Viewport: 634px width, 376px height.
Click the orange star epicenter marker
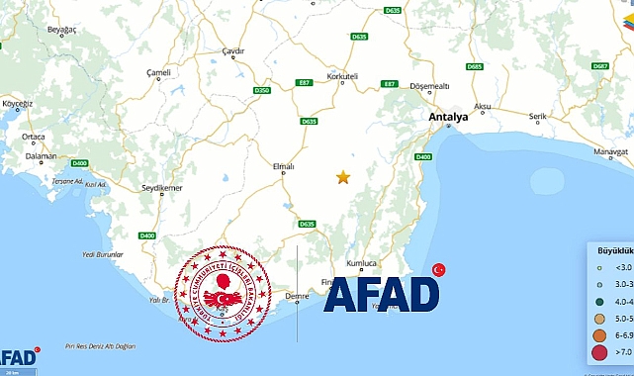point(343,177)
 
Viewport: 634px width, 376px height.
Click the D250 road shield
point(261,90)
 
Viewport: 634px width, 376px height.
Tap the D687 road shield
point(599,66)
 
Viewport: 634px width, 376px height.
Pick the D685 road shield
point(474,66)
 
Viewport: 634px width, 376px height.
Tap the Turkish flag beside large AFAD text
point(439,270)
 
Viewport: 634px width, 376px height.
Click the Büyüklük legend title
point(613,249)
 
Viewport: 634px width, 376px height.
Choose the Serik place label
point(537,117)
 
